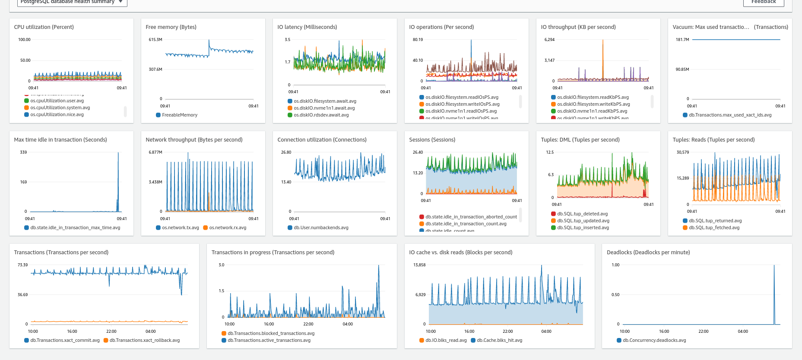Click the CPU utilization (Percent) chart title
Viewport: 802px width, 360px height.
point(44,27)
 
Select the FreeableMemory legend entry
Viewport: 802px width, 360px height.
point(179,115)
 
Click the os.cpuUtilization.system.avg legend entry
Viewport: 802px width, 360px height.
point(60,107)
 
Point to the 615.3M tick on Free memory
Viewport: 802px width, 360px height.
point(155,39)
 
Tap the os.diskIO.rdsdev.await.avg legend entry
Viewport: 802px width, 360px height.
point(321,115)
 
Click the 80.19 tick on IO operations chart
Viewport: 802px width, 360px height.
point(418,39)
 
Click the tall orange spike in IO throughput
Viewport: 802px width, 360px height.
point(603,56)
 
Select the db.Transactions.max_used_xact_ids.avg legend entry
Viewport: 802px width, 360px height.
point(730,115)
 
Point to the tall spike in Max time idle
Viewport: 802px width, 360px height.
point(118,173)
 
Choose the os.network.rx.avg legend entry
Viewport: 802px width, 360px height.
point(227,227)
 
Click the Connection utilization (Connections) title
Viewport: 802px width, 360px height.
point(322,139)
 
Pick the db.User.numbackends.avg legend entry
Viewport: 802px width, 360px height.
point(321,227)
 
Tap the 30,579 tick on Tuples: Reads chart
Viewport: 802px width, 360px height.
point(683,152)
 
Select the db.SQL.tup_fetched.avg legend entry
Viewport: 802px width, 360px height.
point(714,227)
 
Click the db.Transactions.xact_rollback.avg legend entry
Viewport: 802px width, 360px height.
point(144,340)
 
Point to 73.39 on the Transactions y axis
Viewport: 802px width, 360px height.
point(22,265)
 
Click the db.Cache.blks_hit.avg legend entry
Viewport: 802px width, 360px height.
point(499,340)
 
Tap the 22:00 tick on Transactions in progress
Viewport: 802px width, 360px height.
point(308,324)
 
